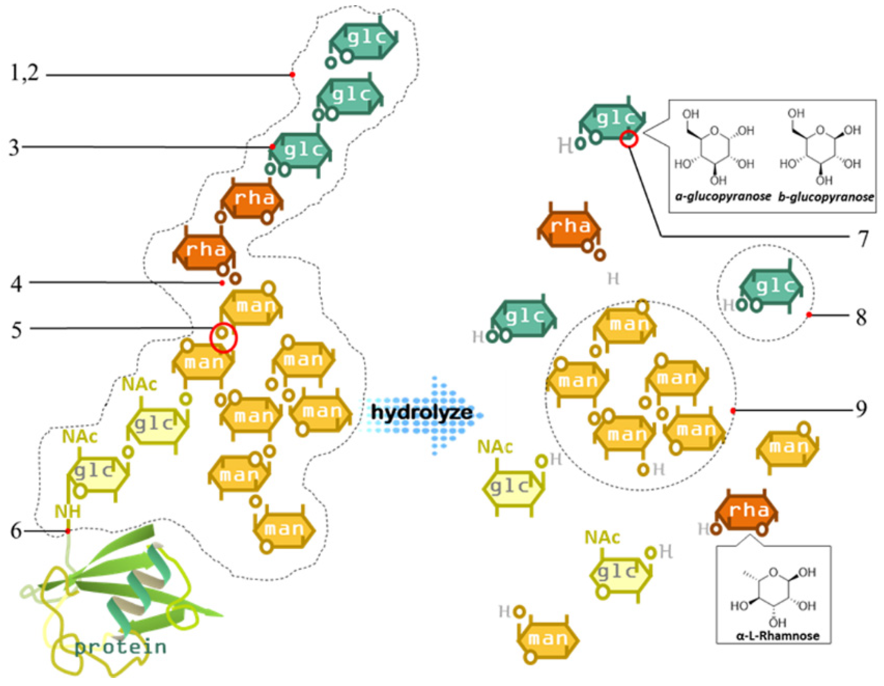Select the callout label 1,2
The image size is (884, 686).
[x=24, y=74]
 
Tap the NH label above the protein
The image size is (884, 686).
[x=68, y=512]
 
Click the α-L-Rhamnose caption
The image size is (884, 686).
[x=778, y=636]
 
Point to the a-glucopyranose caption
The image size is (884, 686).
[x=723, y=197]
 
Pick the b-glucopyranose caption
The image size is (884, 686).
[x=826, y=197]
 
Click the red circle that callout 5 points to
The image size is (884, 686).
[x=224, y=337]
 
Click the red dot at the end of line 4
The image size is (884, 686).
[x=222, y=283]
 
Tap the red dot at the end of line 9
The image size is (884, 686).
[x=733, y=411]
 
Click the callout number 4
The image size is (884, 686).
[x=16, y=284]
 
